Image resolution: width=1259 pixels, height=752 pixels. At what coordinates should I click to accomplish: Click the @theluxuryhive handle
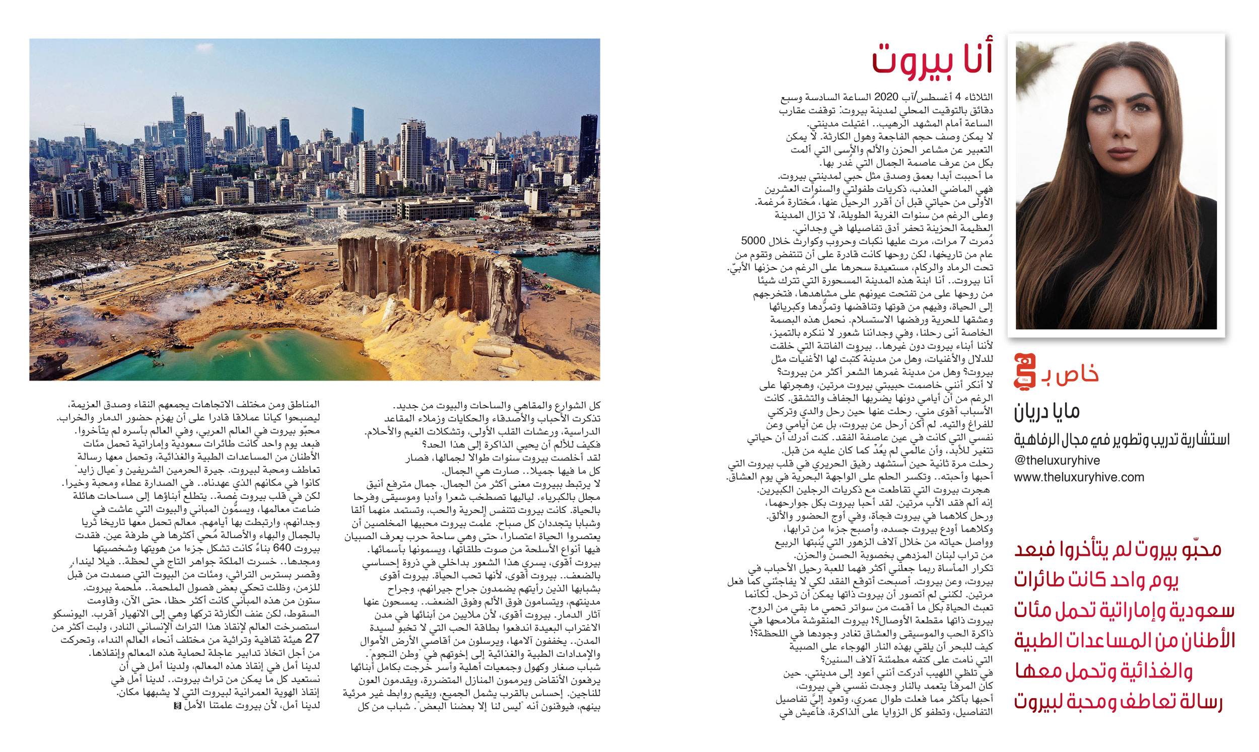(1057, 460)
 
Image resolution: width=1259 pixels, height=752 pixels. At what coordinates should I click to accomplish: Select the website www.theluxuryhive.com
(1079, 477)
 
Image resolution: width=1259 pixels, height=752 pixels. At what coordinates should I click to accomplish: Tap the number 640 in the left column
(282, 548)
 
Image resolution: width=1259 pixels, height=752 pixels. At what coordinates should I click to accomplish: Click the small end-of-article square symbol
(177, 705)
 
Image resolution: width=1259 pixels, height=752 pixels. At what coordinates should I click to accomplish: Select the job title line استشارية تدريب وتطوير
(1121, 439)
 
